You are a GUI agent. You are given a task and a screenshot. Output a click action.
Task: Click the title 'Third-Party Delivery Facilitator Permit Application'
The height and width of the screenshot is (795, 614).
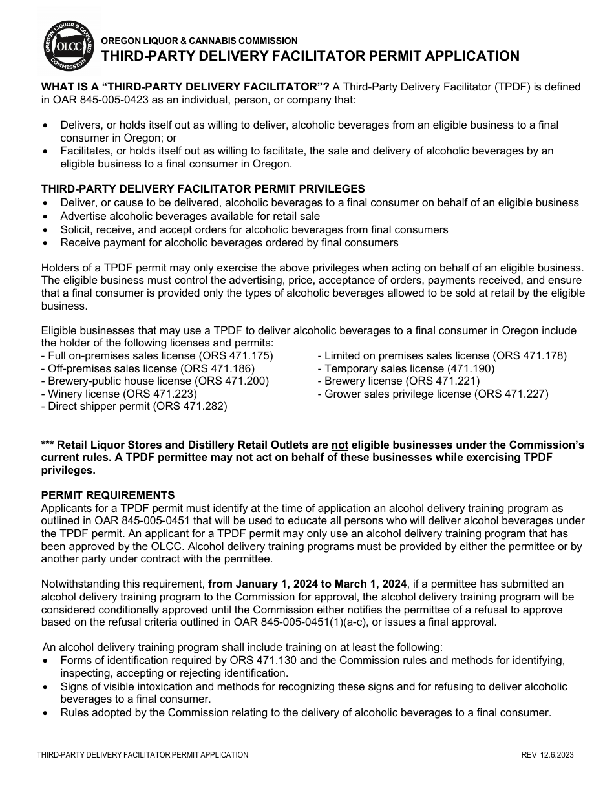click(310, 56)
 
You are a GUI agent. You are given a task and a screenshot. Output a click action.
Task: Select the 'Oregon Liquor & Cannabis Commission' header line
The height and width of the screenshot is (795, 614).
click(200, 41)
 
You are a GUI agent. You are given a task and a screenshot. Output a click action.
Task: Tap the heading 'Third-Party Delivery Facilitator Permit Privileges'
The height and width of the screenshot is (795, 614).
click(203, 189)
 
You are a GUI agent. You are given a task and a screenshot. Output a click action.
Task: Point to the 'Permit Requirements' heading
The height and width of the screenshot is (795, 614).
click(108, 495)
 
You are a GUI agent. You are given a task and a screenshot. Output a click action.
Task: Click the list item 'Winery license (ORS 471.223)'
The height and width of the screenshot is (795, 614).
click(119, 394)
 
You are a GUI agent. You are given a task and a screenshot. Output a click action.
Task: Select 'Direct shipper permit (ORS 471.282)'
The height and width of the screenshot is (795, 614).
click(134, 407)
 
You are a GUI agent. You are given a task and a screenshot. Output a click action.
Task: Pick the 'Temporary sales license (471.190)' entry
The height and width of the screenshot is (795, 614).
click(405, 368)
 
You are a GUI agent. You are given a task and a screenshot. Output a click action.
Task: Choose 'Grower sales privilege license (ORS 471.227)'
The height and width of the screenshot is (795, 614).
click(432, 394)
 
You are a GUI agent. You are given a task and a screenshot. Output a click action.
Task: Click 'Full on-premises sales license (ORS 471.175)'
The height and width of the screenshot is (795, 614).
click(157, 355)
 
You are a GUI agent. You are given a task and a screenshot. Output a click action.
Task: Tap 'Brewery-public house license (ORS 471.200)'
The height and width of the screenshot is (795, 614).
click(155, 381)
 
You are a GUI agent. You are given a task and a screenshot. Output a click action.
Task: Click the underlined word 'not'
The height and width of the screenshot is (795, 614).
click(339, 445)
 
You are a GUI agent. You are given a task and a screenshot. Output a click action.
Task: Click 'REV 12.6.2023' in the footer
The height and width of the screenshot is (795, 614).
click(547, 755)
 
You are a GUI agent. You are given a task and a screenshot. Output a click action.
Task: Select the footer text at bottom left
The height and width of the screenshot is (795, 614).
click(142, 755)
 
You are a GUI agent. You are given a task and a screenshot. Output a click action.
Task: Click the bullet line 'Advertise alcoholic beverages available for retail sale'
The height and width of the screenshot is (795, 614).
click(190, 216)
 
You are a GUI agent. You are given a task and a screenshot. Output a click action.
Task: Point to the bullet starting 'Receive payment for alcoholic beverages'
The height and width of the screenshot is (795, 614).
click(229, 242)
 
